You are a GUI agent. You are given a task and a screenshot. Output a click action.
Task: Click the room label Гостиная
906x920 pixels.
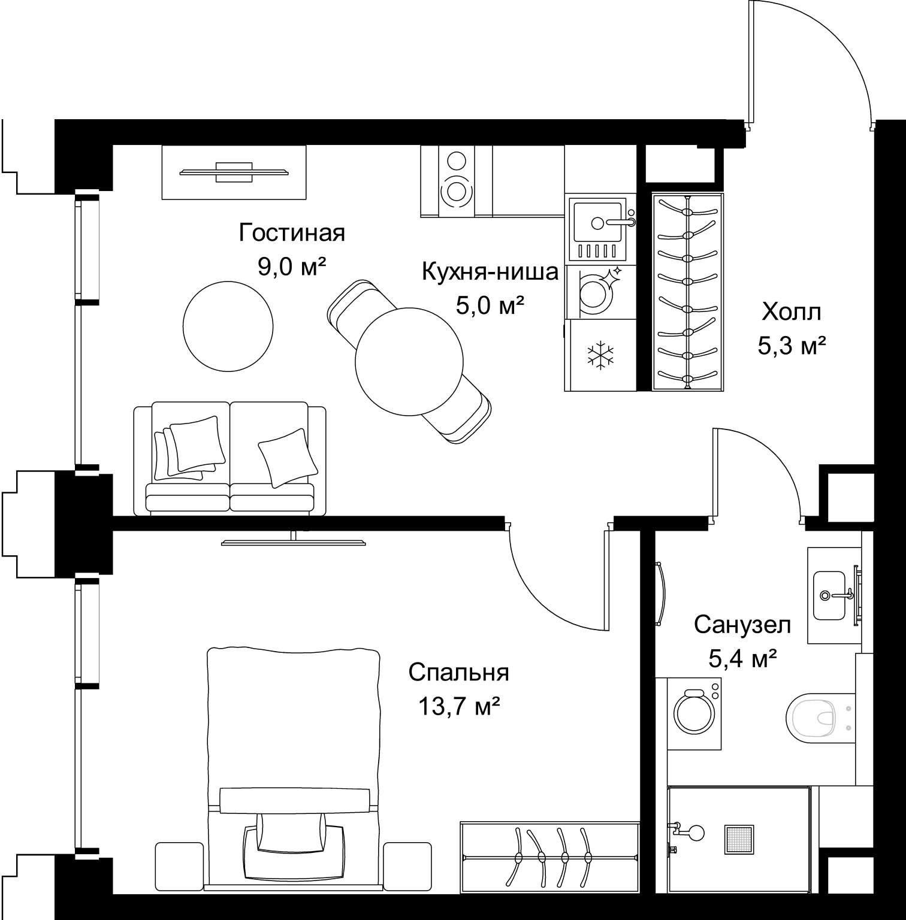(292, 232)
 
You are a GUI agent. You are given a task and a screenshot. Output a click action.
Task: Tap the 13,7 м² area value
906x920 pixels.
(459, 707)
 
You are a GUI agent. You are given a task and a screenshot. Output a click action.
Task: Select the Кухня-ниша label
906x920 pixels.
(490, 272)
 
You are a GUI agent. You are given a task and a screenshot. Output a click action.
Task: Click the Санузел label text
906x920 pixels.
(742, 625)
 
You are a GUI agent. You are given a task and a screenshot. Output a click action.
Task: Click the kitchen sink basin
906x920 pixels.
(597, 223)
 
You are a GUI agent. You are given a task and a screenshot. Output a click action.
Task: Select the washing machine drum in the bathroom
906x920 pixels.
(694, 713)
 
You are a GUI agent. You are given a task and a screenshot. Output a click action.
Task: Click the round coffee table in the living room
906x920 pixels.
(228, 327)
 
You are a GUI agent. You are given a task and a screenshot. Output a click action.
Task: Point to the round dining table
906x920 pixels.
(409, 361)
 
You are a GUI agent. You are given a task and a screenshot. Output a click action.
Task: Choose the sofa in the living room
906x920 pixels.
(230, 459)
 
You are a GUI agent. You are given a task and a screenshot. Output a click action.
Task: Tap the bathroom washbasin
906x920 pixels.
(829, 595)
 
